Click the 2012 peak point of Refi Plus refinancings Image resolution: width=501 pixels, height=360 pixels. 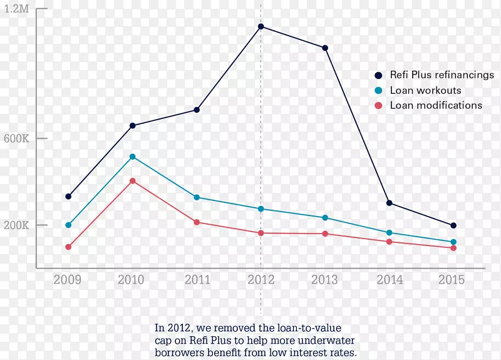pos(261,26)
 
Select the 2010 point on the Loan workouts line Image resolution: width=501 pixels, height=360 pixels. pos(133,157)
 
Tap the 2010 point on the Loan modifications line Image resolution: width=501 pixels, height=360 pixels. pos(133,181)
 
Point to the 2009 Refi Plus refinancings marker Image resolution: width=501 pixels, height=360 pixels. pos(68,197)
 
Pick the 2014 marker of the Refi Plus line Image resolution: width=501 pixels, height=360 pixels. pos(390,203)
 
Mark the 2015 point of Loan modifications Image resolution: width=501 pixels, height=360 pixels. pos(453,248)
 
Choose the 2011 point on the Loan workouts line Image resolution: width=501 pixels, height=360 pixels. pos(197,197)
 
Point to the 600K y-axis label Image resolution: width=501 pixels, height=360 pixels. pos(18,138)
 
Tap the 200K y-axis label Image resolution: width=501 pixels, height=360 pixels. pos(18,225)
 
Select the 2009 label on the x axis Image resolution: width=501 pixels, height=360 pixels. pos(67,280)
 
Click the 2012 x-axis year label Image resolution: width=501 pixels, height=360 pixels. pos(261,280)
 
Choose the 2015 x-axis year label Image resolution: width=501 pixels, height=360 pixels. pos(452,280)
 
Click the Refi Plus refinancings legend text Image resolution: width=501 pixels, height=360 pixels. pos(442,75)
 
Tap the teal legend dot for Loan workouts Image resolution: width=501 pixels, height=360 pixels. pos(378,90)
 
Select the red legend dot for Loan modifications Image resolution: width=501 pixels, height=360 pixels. pos(378,105)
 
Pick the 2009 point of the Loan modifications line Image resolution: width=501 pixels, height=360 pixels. pos(68,247)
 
